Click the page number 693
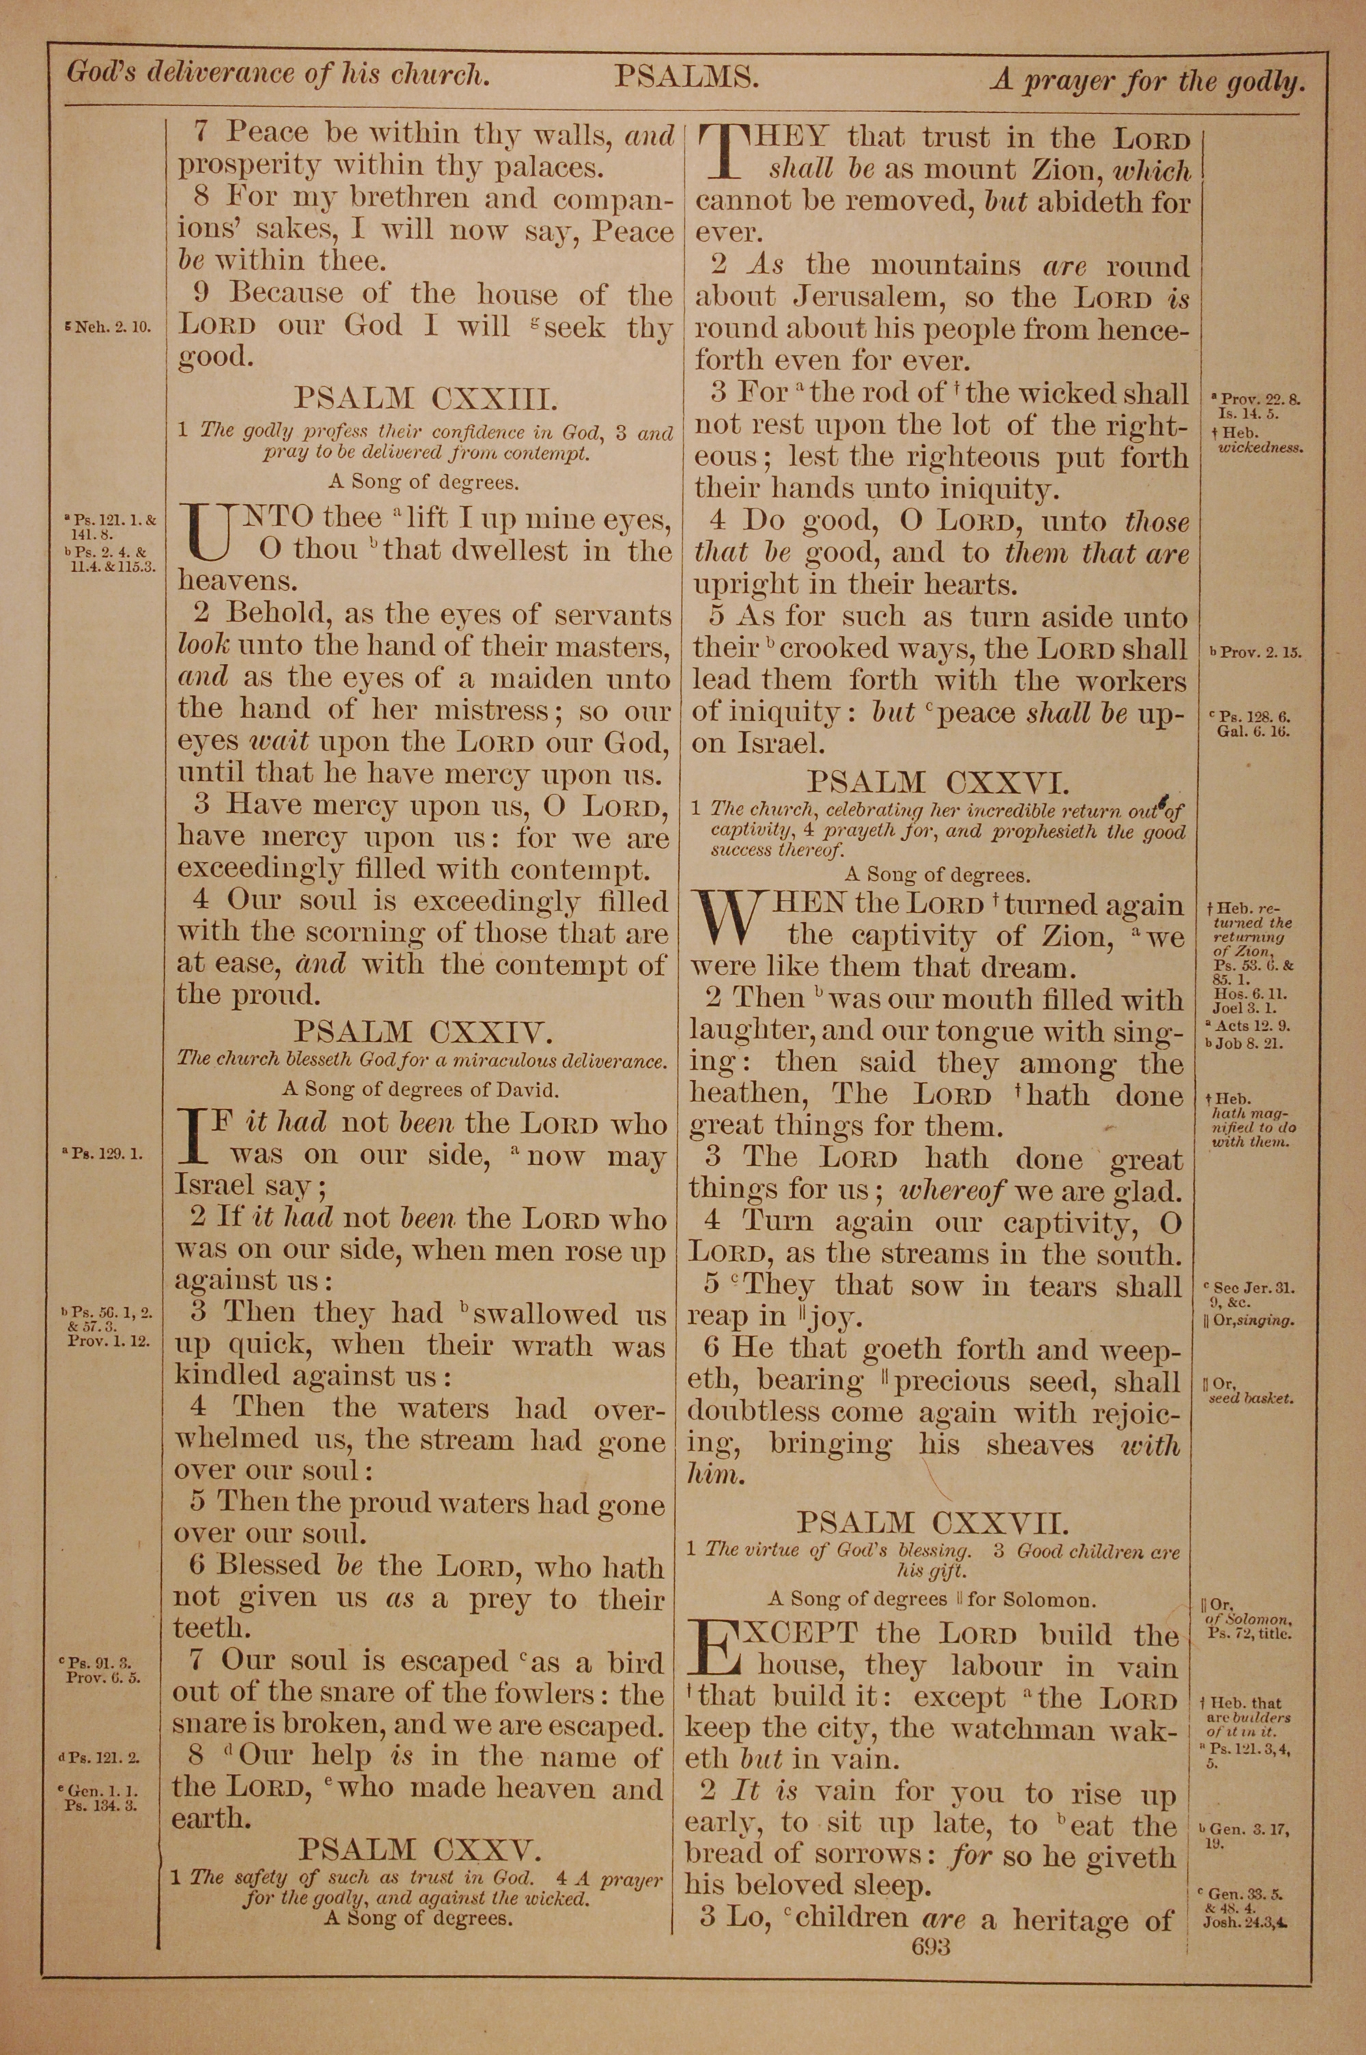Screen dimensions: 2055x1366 click(930, 1946)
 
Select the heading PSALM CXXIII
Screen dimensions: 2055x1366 click(424, 399)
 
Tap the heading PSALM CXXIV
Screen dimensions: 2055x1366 click(423, 1032)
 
